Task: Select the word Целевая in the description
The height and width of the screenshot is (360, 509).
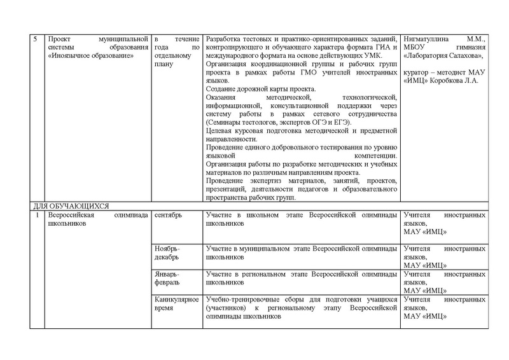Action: [221, 130]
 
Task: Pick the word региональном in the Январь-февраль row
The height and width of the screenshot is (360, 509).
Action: [275, 273]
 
